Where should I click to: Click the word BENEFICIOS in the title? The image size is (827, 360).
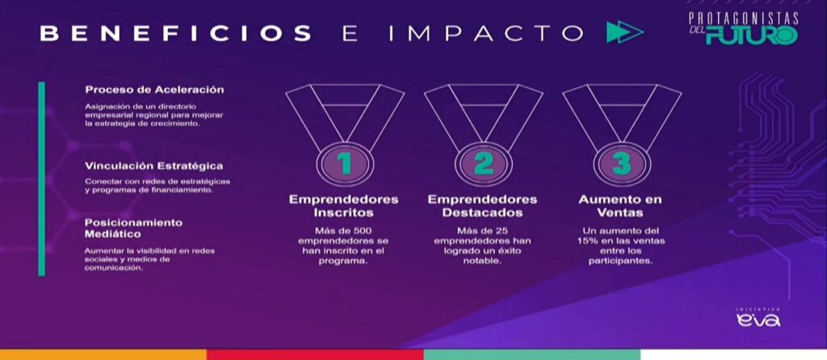pos(175,33)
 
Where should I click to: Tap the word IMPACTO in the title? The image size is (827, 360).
pos(485,33)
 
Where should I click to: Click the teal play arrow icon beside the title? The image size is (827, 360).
pos(625,32)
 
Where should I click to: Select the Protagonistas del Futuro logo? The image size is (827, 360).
pos(743,28)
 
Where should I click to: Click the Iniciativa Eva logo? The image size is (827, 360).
pos(758,317)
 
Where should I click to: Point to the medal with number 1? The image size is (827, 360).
pos(345,134)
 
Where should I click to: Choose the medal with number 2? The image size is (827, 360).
pos(484,134)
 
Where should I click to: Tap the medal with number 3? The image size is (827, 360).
pos(622,134)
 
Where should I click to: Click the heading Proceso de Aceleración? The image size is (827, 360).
pos(154,90)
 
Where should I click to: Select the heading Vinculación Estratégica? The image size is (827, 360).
pos(154,165)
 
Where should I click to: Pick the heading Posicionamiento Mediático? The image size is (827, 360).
pos(133,228)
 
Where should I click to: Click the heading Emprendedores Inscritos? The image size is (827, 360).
pos(343,206)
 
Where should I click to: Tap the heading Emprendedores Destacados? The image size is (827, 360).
pos(483,206)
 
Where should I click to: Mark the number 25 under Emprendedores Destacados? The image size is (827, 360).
pos(501,231)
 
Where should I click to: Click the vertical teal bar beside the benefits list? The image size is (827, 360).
pos(42,178)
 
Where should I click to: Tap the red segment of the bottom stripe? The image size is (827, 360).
pos(315,354)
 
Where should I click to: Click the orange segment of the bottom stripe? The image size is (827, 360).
pos(103,354)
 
